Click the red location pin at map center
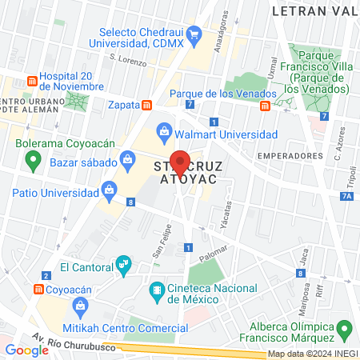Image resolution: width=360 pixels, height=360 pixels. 180,162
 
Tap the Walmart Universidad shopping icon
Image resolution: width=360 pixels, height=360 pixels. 164,130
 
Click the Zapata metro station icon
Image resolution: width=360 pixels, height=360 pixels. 146,105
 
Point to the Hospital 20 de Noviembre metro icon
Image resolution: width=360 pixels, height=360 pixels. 31,82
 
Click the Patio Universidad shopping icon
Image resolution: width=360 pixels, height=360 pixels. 107,190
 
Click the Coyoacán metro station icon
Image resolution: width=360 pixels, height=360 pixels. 37,289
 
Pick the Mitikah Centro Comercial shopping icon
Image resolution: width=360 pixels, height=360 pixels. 80,306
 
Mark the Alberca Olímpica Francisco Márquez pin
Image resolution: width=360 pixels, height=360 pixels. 345,328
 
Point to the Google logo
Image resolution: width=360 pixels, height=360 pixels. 27,350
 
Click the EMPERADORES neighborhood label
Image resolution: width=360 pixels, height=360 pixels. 286,154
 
